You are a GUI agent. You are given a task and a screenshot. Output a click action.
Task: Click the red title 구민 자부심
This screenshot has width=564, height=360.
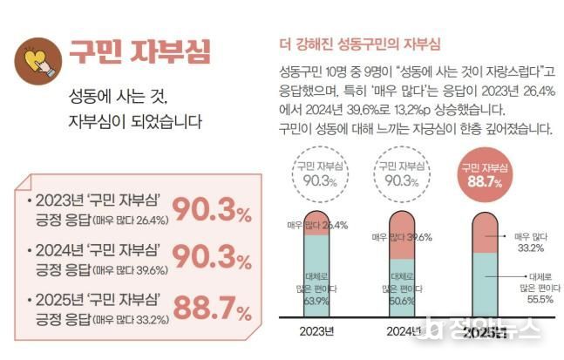139,51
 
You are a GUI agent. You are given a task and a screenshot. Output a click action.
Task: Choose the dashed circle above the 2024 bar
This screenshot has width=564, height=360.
400,174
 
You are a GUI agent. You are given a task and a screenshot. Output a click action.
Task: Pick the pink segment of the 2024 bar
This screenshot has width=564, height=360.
400,235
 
